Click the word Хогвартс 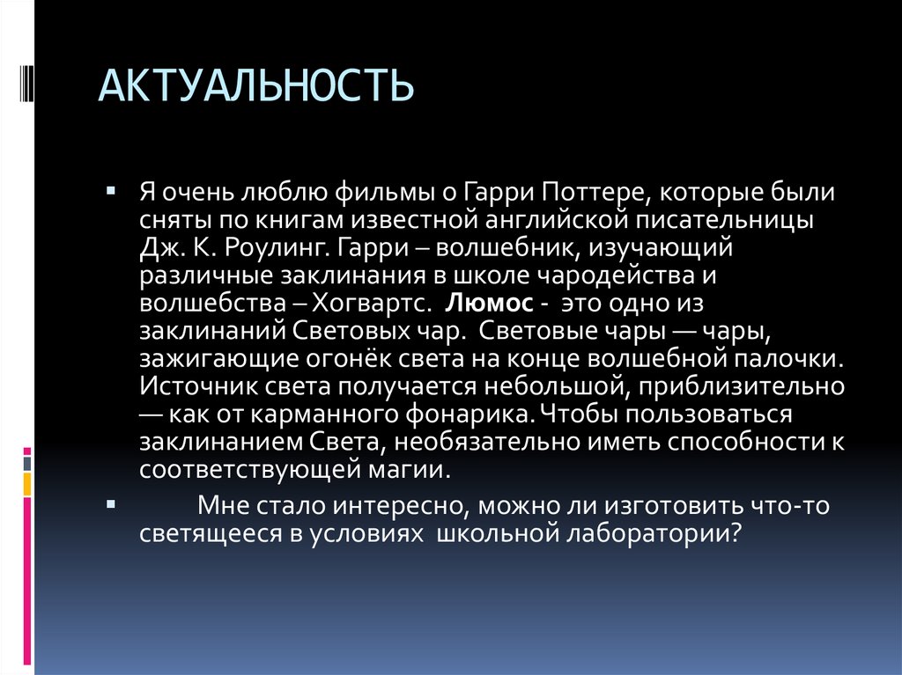(374, 304)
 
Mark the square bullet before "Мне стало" (110, 505)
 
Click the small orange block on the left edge (27, 483)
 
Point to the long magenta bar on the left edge (27, 581)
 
